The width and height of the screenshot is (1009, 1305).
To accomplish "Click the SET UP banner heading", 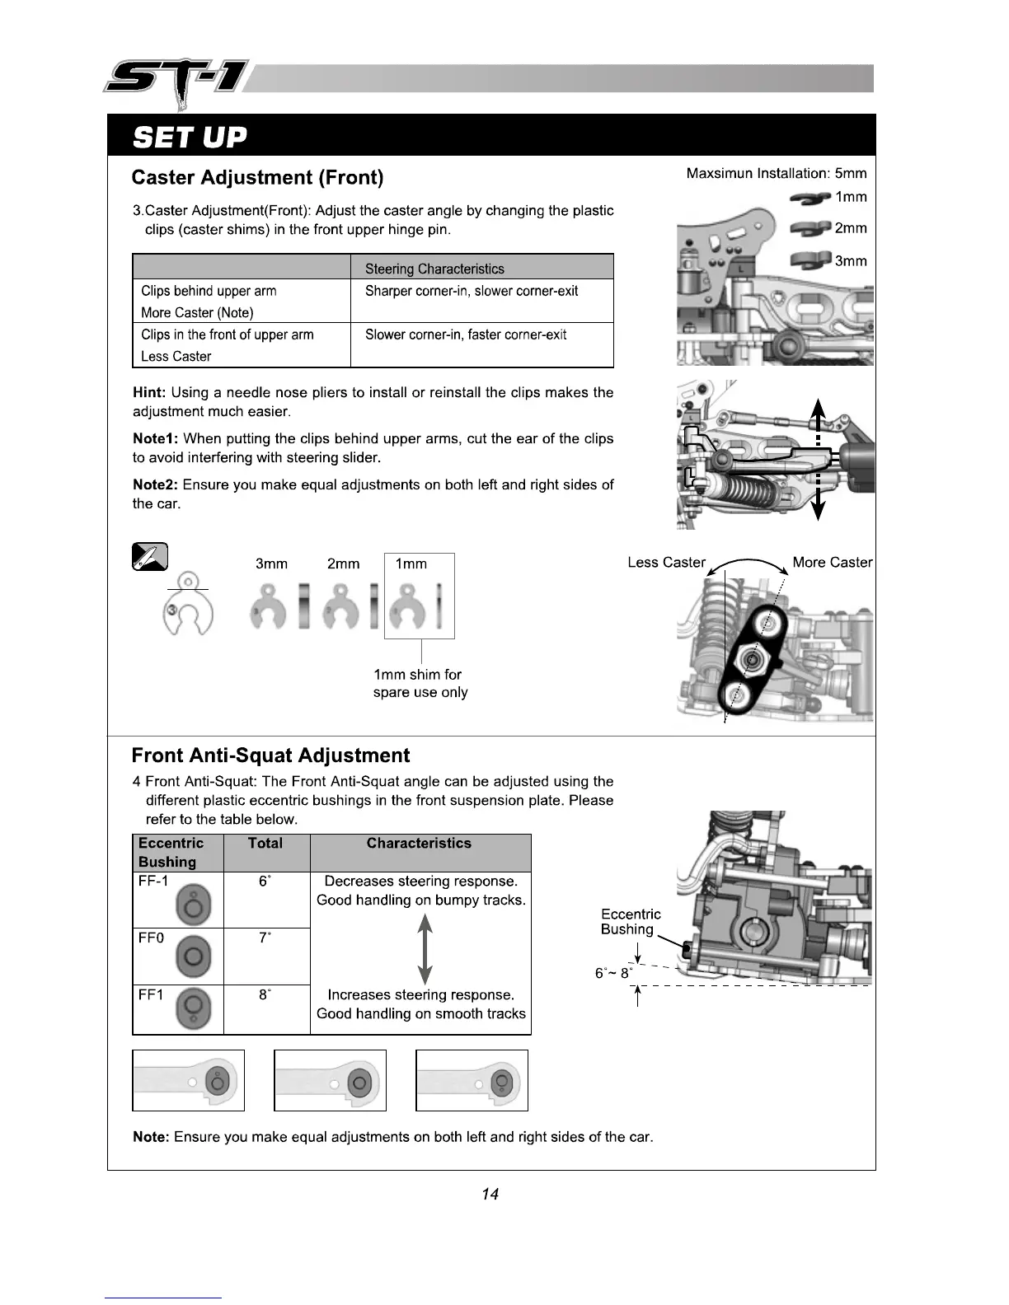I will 190,136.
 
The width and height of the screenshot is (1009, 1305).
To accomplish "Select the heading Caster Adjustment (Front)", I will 257,177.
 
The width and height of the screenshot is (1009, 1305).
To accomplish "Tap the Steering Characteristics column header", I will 434,269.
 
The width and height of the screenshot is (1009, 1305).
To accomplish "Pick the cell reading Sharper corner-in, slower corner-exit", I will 472,291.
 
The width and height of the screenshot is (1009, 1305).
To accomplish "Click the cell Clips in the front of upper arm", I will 228,334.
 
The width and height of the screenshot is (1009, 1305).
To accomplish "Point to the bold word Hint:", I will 149,392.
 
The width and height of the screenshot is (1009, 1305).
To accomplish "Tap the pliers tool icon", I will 149,558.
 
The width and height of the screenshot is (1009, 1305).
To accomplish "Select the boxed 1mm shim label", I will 411,564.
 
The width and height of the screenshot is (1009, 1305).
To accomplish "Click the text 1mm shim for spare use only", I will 420,684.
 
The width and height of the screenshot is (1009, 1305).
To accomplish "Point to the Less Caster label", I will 666,563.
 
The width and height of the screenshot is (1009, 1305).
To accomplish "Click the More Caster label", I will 832,563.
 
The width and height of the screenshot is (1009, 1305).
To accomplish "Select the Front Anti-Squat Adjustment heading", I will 270,755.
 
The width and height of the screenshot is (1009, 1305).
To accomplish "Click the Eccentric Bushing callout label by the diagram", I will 631,922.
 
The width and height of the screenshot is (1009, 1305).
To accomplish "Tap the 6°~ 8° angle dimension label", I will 614,973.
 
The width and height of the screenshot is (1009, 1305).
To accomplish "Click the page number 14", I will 490,1194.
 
